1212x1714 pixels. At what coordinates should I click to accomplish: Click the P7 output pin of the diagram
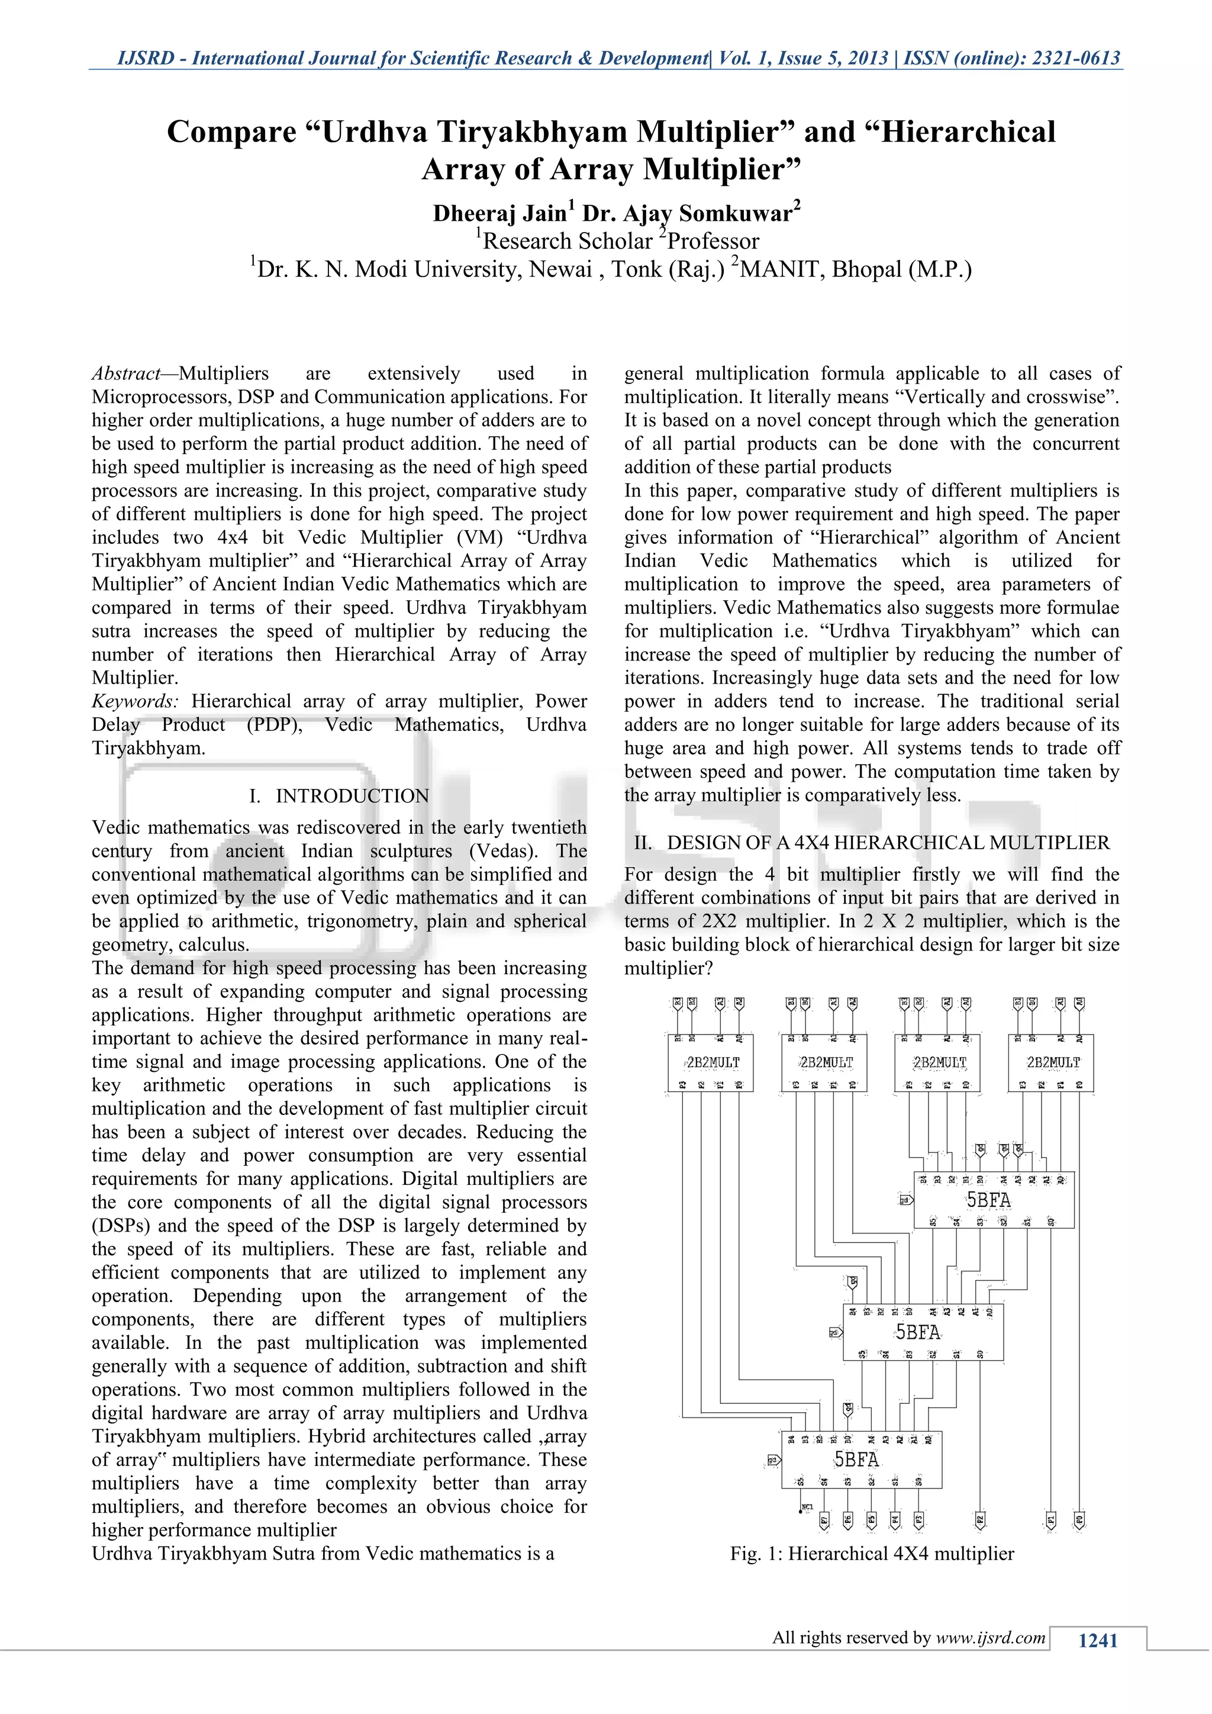[824, 1519]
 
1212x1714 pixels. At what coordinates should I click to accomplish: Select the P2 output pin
[980, 1519]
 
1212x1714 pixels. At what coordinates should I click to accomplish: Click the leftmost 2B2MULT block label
[713, 1062]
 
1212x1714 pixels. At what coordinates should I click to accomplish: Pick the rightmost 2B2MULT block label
[1053, 1062]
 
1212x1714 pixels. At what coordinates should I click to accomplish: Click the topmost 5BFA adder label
[989, 1200]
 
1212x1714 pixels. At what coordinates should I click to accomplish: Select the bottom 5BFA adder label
[856, 1460]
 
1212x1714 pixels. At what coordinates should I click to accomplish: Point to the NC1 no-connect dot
[801, 1507]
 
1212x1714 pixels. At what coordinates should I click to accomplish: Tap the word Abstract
[125, 374]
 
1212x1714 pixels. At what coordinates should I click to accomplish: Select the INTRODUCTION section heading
[352, 797]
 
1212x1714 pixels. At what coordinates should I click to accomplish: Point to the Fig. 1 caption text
[872, 1554]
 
